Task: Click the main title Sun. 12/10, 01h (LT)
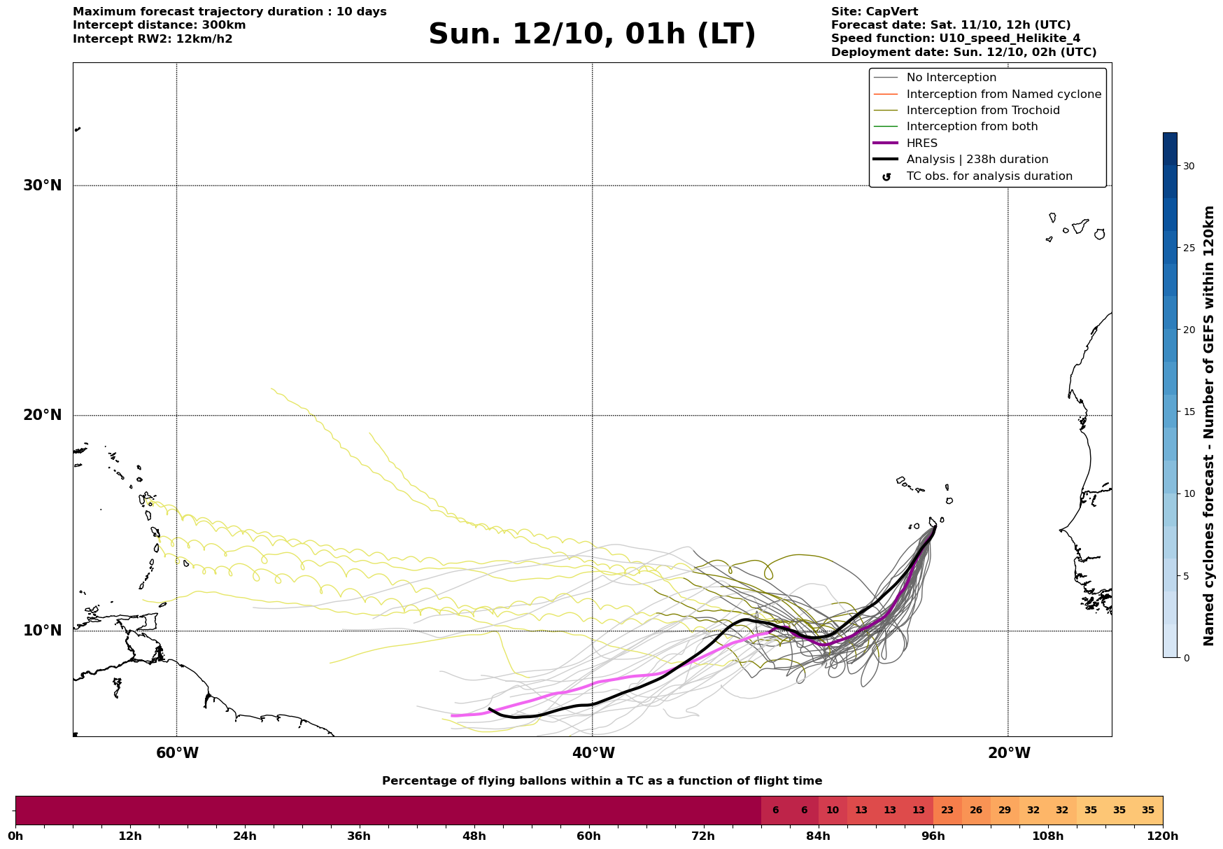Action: click(592, 34)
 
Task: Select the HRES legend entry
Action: click(921, 143)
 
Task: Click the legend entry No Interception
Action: click(951, 78)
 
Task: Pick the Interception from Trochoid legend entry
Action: click(982, 111)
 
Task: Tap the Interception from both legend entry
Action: click(972, 127)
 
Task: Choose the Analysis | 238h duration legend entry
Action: click(977, 160)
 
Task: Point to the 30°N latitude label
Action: click(43, 185)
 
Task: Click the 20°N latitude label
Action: click(43, 415)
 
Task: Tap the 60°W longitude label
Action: click(177, 753)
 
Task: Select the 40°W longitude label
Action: click(593, 753)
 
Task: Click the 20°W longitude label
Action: click(1009, 753)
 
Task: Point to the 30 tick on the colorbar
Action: click(1189, 166)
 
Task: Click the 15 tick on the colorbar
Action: click(1189, 412)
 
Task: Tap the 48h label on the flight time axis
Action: click(474, 836)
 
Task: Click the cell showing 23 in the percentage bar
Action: click(947, 811)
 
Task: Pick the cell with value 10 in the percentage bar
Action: click(833, 811)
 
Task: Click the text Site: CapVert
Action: click(875, 12)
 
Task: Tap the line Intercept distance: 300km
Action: click(159, 25)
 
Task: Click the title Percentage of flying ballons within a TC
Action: click(602, 781)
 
